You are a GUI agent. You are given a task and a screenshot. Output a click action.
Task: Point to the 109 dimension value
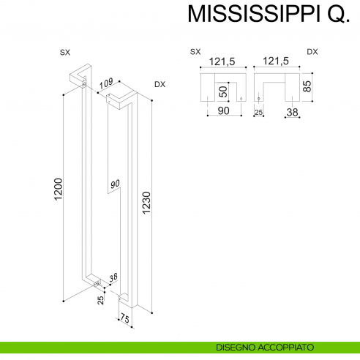[x=105, y=85]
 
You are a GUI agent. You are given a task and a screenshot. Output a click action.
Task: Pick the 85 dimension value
[x=318, y=86]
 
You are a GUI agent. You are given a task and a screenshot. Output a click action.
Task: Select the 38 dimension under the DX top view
[x=291, y=112]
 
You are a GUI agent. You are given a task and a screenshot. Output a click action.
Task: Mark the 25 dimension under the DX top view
[x=258, y=112]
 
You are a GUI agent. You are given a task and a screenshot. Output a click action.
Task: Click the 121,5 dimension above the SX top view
[x=221, y=62]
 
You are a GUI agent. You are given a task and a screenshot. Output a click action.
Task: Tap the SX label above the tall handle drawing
[x=64, y=52]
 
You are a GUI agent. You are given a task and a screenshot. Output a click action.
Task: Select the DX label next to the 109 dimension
[x=160, y=85]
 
